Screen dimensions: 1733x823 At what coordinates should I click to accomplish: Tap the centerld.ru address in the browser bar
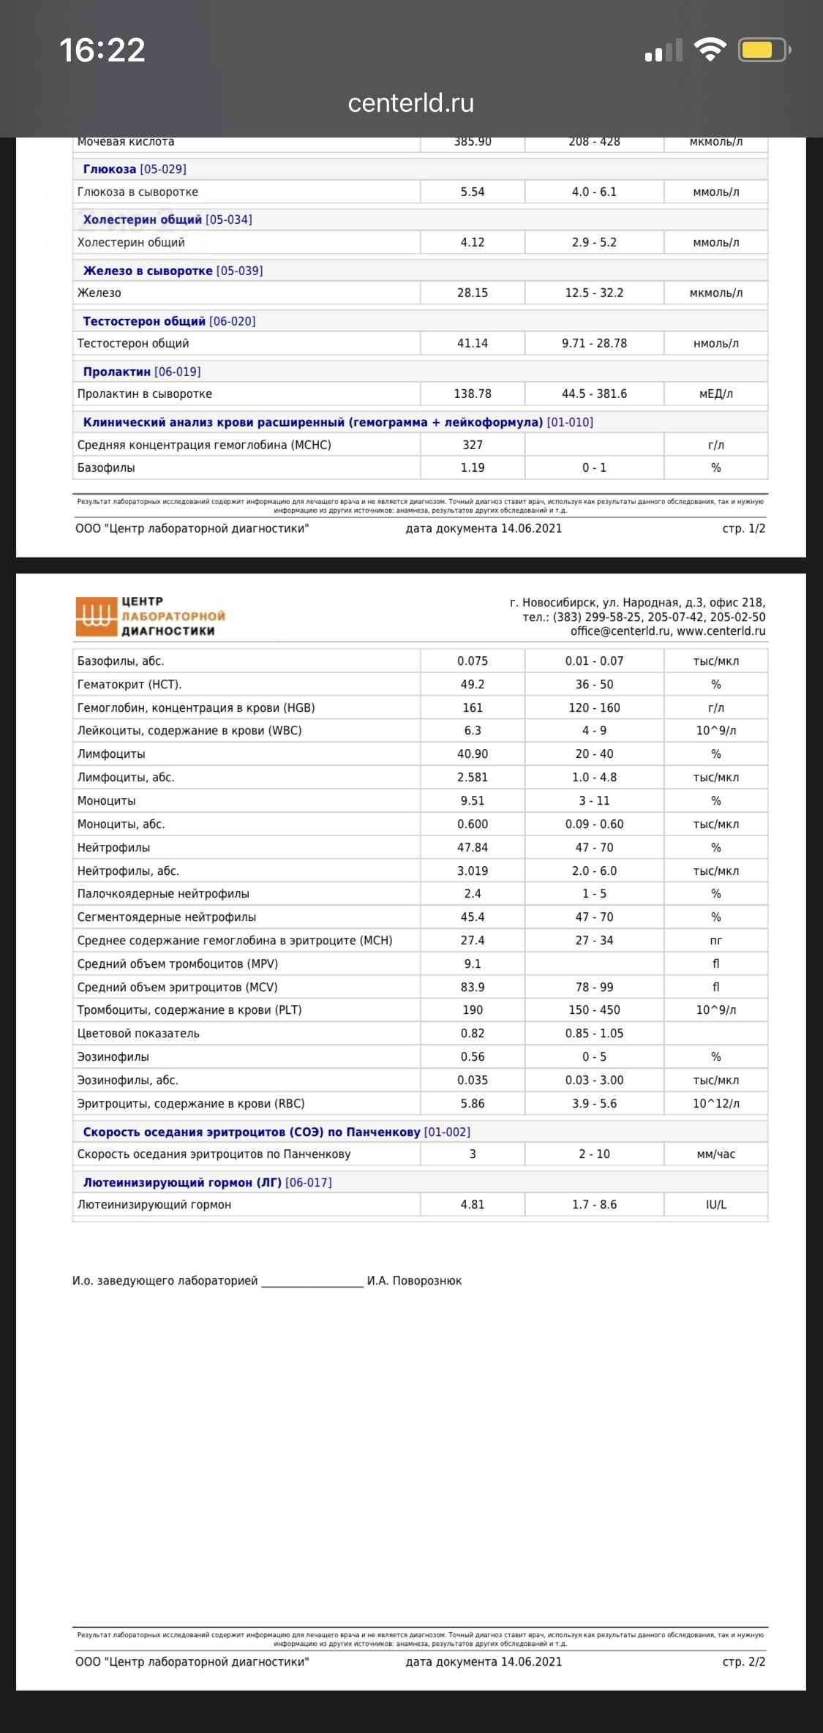tap(410, 103)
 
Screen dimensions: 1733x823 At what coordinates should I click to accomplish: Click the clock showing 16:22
tap(102, 50)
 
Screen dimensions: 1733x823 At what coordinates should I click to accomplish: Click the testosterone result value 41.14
tap(472, 343)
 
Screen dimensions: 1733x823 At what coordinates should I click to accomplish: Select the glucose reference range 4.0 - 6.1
tap(594, 192)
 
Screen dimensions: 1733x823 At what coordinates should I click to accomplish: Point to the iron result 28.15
tap(472, 293)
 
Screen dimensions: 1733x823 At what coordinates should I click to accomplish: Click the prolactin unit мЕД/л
tap(715, 394)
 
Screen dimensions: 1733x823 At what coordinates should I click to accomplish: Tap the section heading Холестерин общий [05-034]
tap(167, 219)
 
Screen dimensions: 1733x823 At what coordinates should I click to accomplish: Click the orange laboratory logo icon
tap(96, 616)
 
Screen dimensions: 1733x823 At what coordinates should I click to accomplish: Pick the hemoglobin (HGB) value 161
tap(472, 707)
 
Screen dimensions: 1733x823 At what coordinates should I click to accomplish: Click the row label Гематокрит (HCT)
tap(129, 684)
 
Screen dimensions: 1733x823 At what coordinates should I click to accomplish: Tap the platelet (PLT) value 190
tap(472, 1010)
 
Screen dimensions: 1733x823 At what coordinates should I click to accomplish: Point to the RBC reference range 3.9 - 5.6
tap(594, 1103)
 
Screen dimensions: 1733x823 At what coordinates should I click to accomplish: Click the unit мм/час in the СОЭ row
tap(715, 1154)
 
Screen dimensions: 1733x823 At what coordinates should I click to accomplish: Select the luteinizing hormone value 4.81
tap(472, 1204)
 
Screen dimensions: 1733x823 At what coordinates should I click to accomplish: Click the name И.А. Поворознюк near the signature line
tap(414, 1280)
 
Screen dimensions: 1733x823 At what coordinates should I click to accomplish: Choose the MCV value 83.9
tap(472, 987)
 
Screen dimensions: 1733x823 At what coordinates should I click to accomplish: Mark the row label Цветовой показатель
tap(138, 1033)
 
